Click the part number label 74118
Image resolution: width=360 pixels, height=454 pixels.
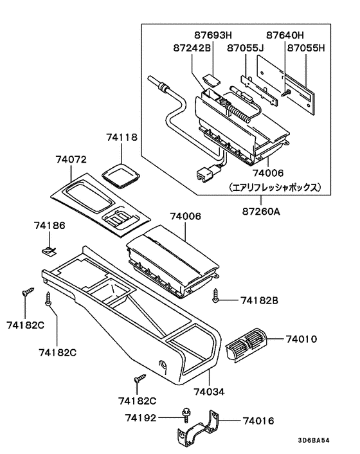(x=122, y=137)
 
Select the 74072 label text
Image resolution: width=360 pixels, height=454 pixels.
(x=71, y=159)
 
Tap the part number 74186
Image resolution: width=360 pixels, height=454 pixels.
(x=50, y=226)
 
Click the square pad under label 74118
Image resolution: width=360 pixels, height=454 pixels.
(x=120, y=174)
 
